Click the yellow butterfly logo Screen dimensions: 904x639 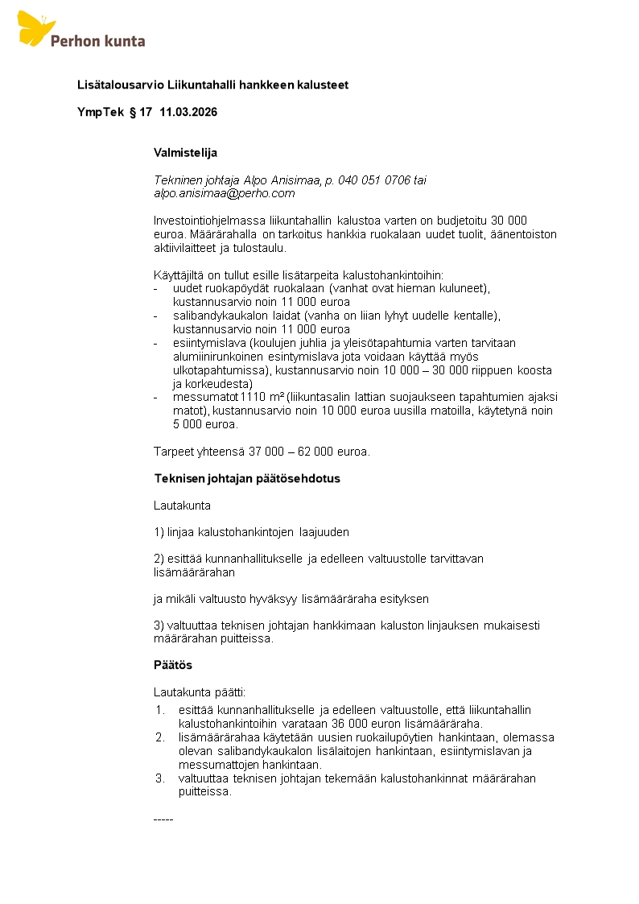click(35, 28)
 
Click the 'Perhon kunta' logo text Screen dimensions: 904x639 click(97, 40)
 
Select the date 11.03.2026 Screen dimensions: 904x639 click(188, 112)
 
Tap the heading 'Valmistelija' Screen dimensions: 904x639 click(185, 152)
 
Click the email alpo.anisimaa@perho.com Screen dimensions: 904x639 click(225, 193)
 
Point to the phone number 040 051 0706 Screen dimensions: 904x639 click(375, 180)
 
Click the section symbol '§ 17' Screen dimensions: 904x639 click(140, 112)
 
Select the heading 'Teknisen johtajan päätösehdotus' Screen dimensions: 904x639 click(247, 478)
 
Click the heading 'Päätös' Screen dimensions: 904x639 click(173, 665)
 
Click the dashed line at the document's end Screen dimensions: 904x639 click(163, 819)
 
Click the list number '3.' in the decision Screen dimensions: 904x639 click(159, 778)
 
